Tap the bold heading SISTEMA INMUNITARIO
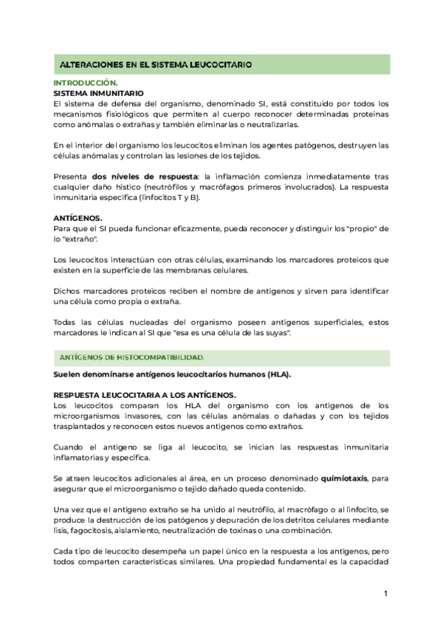98,94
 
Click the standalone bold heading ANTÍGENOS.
78,219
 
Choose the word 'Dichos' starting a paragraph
69,292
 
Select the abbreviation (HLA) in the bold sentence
279,374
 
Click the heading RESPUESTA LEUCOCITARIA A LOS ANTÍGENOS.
144,395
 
